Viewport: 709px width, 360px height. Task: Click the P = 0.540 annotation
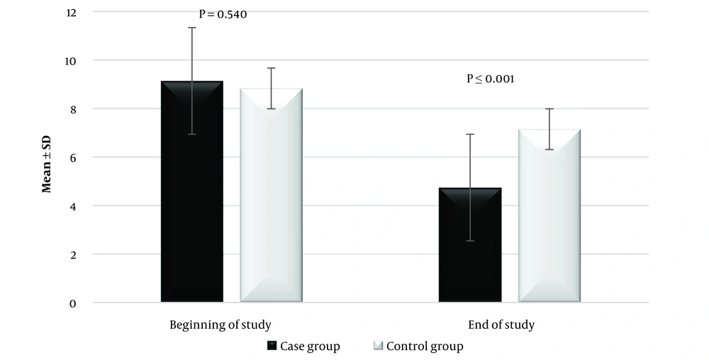click(223, 15)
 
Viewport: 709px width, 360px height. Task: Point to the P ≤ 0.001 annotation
click(490, 79)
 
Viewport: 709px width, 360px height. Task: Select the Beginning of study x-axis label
click(220, 325)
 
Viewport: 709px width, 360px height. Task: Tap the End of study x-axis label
click(501, 325)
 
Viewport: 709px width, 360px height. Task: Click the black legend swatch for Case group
click(272, 347)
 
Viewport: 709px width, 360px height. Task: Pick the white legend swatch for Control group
click(377, 347)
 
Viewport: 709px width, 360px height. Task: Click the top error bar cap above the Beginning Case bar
click(192, 28)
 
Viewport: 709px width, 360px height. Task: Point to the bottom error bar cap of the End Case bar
click(470, 241)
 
